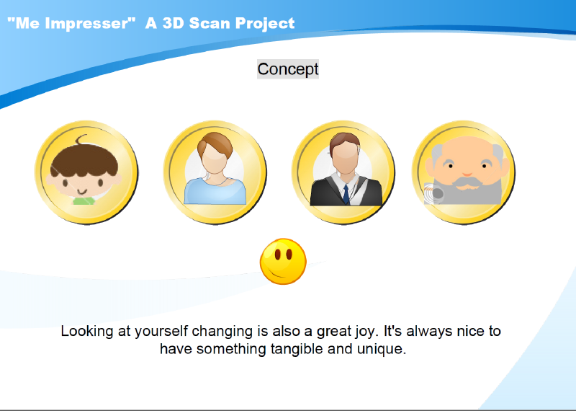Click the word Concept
(x=287, y=69)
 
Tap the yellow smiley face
(x=283, y=261)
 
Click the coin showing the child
(x=86, y=172)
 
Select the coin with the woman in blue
(x=215, y=172)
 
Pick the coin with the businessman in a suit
(x=343, y=172)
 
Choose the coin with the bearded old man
(x=464, y=172)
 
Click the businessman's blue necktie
(x=346, y=194)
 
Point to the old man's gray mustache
(x=467, y=182)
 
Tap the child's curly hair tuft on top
(x=81, y=139)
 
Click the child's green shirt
(x=84, y=200)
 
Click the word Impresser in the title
(x=87, y=24)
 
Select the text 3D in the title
(x=174, y=23)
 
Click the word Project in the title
(x=265, y=24)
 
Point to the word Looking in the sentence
(x=87, y=332)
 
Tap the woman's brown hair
(x=215, y=143)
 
